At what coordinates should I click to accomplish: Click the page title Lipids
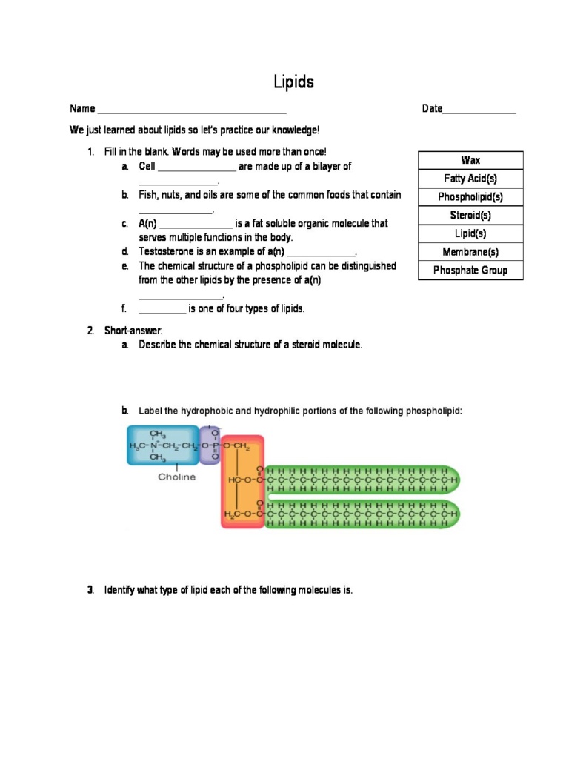point(293,82)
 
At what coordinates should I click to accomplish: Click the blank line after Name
point(192,110)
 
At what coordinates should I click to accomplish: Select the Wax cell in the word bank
point(470,160)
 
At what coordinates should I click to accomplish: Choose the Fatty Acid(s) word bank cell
point(470,179)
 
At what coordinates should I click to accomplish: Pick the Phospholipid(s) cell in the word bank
point(470,197)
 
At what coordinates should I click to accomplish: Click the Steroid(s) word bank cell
point(470,216)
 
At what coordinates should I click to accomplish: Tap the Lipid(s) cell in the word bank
point(470,233)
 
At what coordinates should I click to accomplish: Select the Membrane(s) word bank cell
point(470,252)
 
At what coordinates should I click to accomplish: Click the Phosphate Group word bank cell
point(470,271)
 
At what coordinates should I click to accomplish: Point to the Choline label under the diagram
point(176,477)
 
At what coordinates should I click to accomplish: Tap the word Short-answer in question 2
point(133,331)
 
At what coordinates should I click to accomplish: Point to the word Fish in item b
point(148,195)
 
